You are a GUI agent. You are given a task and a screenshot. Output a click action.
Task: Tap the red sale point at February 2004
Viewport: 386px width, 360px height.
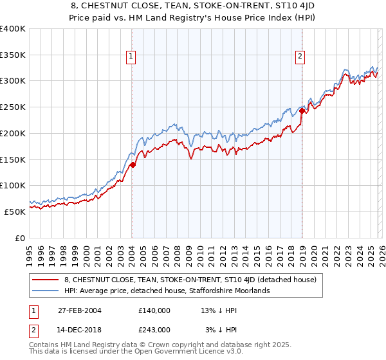133,165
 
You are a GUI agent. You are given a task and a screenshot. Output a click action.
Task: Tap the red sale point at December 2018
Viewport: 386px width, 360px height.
302,111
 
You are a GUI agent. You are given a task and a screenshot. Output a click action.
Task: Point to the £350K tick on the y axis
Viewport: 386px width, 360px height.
12,55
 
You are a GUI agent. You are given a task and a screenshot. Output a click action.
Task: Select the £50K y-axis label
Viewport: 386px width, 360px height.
14,212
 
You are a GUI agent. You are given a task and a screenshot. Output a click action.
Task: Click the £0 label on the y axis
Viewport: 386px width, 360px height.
21,238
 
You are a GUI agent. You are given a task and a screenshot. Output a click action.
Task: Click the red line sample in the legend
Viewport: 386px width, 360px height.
46,280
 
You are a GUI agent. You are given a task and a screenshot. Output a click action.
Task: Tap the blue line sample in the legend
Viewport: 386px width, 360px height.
46,291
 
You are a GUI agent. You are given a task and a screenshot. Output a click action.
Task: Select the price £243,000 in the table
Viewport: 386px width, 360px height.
155,329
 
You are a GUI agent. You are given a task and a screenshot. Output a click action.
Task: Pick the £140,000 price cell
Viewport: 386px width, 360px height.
155,310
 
